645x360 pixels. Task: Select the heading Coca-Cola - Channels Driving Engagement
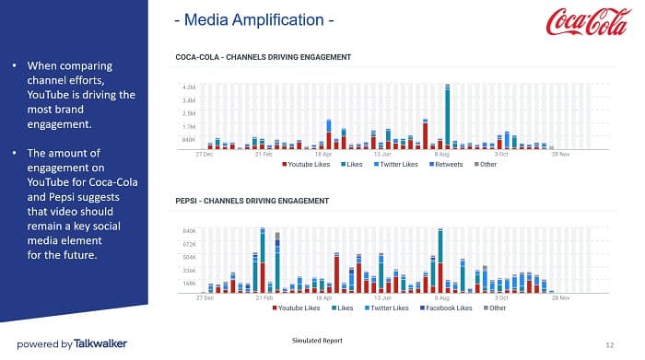pyautogui.click(x=263, y=58)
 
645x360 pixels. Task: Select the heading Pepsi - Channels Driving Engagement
pyautogui.click(x=252, y=200)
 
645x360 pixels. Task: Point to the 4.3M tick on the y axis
pyautogui.click(x=188, y=87)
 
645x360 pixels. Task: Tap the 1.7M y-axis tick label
pyautogui.click(x=188, y=126)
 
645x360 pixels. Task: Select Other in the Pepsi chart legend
pyautogui.click(x=497, y=308)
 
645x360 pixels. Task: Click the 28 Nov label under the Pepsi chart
pyautogui.click(x=559, y=298)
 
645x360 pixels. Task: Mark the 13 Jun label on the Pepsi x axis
pyautogui.click(x=382, y=298)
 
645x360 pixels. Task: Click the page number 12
pyautogui.click(x=610, y=343)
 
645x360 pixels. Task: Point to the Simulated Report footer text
pyautogui.click(x=316, y=341)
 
